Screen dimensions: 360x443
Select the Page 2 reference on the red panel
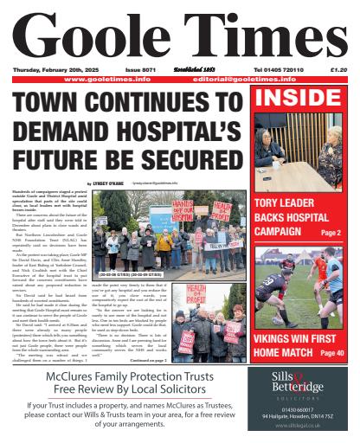tap(331, 234)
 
